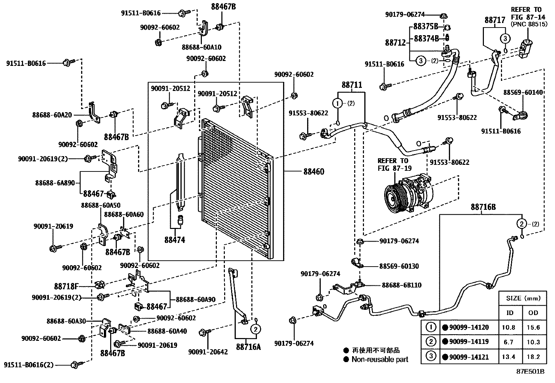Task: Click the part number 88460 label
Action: [x=313, y=171]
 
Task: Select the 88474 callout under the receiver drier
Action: [x=175, y=240]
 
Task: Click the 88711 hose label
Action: [x=351, y=85]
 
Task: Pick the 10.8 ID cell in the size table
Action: [x=510, y=328]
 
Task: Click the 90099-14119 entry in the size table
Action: [x=469, y=342]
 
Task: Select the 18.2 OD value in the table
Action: [x=533, y=357]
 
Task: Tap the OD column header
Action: [x=533, y=313]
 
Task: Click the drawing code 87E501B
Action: [x=530, y=371]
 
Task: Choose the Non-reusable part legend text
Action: [x=380, y=359]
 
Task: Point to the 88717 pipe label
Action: [x=494, y=21]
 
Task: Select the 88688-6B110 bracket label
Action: [x=401, y=285]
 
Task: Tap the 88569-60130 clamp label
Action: [x=399, y=266]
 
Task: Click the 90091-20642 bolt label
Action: [x=208, y=352]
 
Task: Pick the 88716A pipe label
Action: [x=248, y=347]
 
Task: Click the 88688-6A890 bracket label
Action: [x=55, y=183]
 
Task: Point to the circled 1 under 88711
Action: [x=337, y=103]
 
